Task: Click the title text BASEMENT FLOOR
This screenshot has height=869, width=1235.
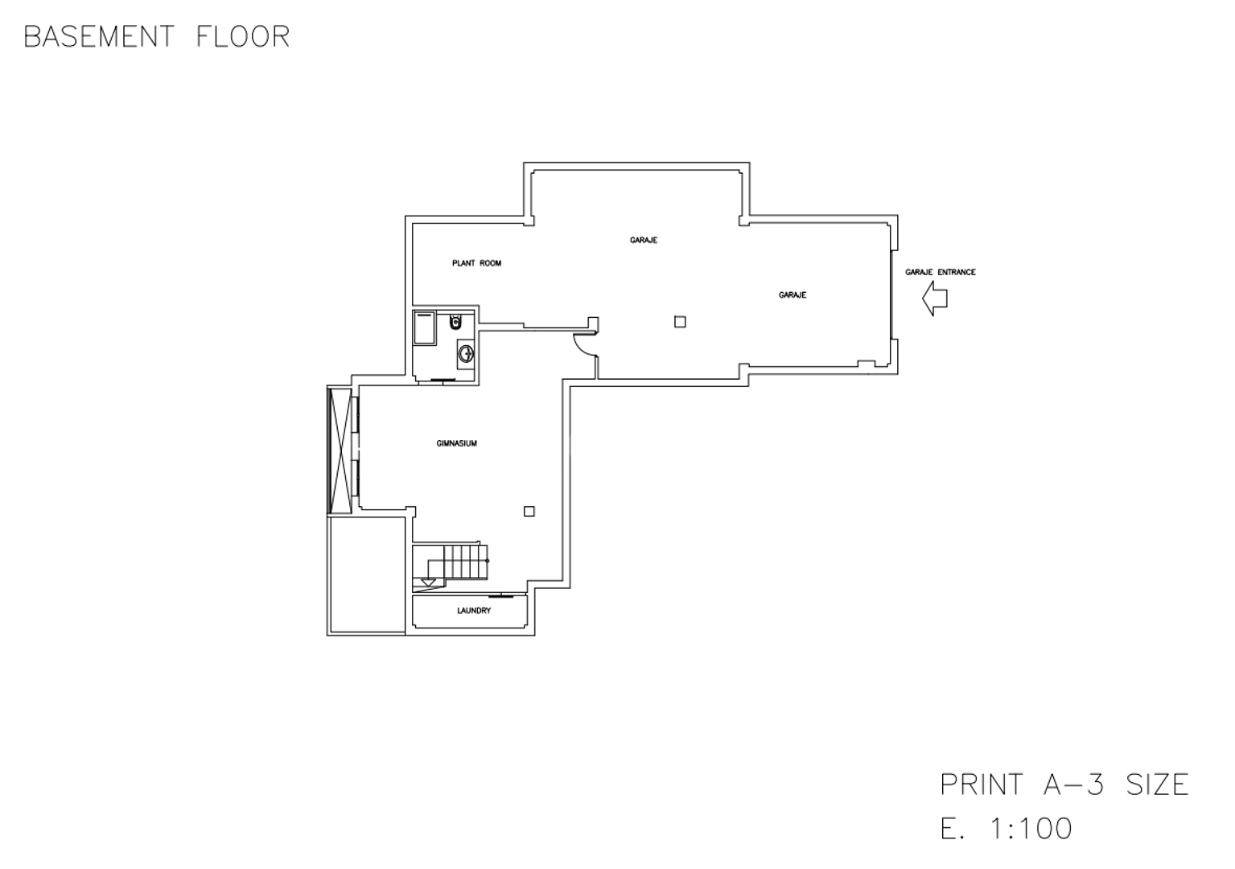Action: coord(157,37)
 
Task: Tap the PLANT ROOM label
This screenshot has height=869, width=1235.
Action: coord(476,264)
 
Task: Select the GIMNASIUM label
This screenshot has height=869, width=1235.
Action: coord(456,443)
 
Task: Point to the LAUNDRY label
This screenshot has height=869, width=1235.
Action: coord(474,611)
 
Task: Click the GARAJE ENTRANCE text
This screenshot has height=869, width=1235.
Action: coord(940,273)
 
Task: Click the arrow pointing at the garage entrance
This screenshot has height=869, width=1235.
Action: coord(935,299)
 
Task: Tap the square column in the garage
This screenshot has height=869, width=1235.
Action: coord(680,322)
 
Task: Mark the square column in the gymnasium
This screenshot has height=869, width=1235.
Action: coord(529,512)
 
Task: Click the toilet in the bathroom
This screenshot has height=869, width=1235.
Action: coord(455,322)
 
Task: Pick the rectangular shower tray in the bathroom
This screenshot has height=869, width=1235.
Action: coord(425,328)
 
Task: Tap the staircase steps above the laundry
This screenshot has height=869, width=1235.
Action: coord(466,562)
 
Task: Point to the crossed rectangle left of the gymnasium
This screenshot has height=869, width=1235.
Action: coord(340,451)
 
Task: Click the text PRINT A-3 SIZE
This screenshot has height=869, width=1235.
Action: coord(1064,785)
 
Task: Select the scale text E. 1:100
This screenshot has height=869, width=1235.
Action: coord(1007,828)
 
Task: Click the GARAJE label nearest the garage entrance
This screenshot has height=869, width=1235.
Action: coord(792,295)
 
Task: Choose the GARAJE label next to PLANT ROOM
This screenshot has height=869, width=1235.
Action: coord(644,240)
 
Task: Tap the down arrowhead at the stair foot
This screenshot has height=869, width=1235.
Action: coord(428,583)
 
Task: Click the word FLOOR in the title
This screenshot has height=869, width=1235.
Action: coord(243,37)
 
